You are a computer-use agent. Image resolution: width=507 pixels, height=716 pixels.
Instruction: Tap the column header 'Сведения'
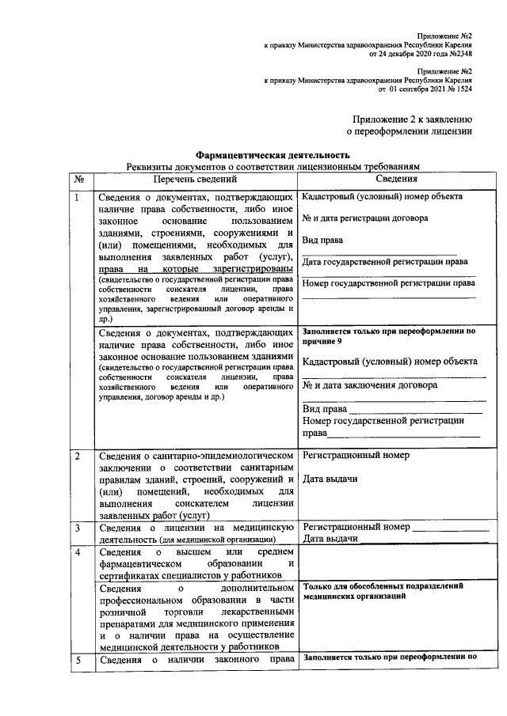(387, 180)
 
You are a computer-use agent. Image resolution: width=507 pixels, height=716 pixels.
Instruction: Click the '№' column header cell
(79, 180)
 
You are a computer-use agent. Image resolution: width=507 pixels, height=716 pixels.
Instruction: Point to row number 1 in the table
(77, 198)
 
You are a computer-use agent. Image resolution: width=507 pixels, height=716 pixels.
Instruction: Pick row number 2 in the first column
(77, 457)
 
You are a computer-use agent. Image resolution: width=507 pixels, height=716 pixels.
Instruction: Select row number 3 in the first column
(77, 527)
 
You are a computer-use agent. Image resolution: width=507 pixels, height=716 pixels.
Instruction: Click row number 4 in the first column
(77, 551)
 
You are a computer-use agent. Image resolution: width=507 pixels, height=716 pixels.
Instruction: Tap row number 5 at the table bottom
(77, 659)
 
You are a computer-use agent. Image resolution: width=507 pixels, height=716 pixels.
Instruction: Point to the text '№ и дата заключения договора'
(369, 385)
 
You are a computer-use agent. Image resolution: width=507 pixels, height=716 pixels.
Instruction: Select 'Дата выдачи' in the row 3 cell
(330, 539)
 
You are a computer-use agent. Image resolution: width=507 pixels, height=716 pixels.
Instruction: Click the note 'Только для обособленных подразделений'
(383, 586)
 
